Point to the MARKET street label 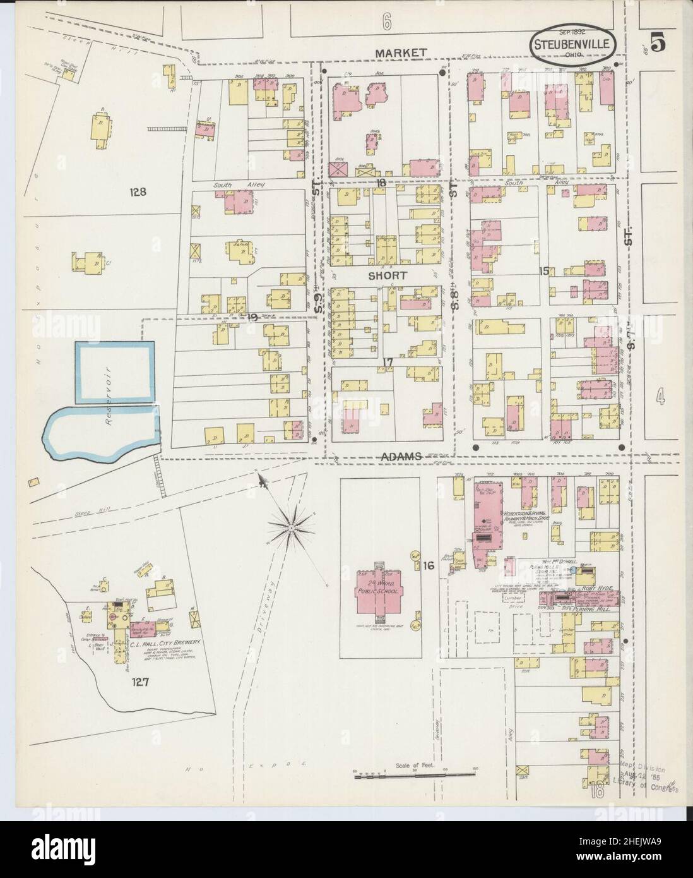coord(400,53)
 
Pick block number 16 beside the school coord(429,566)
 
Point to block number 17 coord(388,362)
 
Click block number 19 coord(253,317)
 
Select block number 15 coord(544,271)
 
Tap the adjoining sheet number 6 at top coord(386,23)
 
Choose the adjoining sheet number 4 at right coord(660,397)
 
